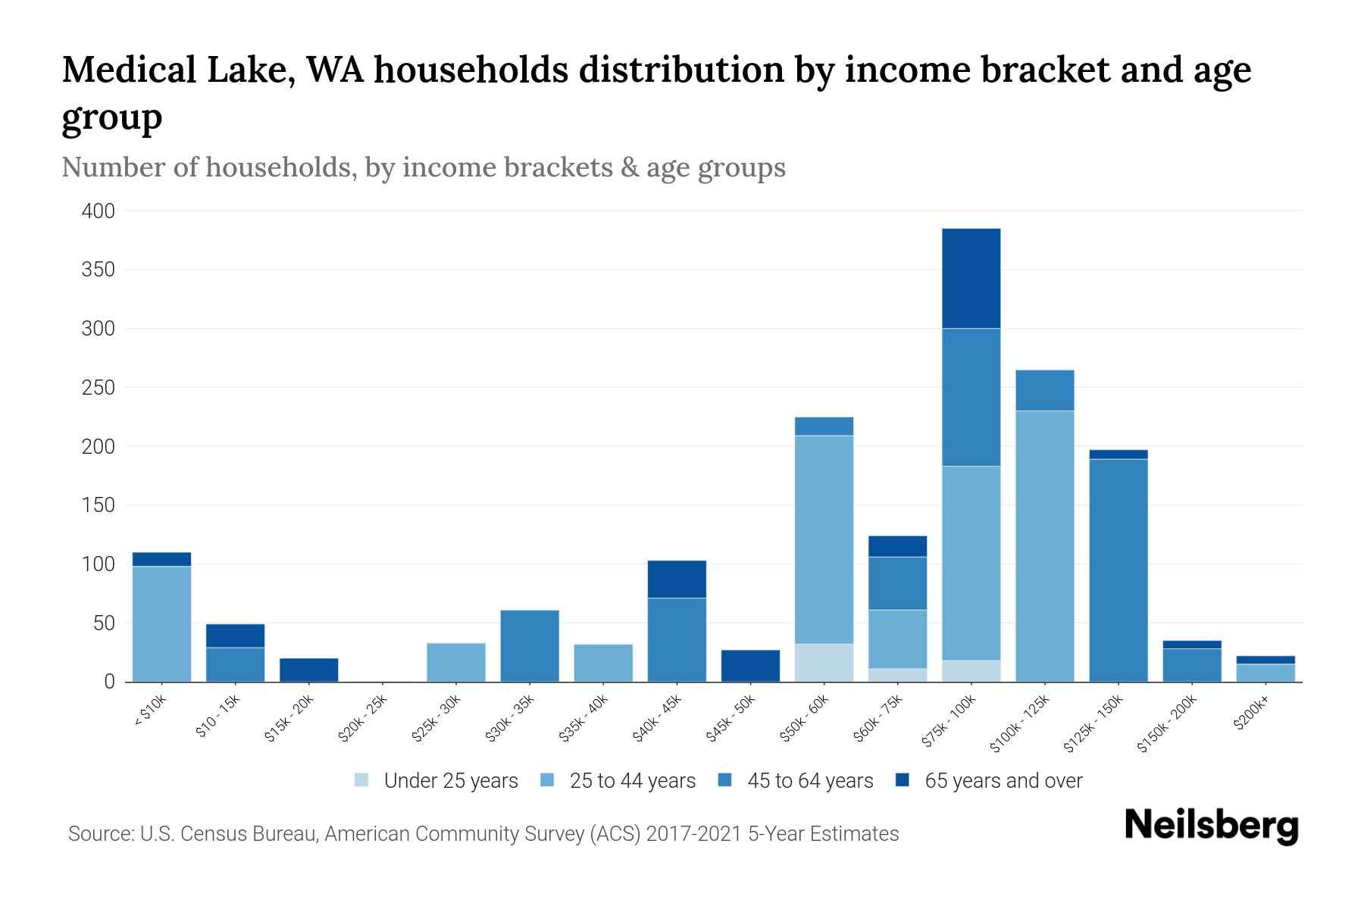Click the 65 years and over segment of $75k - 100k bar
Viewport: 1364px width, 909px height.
(971, 278)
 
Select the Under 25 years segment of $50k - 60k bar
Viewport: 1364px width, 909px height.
(824, 663)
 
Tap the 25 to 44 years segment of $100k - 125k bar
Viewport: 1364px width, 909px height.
(1044, 545)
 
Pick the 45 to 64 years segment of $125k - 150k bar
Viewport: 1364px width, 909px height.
(1118, 570)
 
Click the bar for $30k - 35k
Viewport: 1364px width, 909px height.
(530, 645)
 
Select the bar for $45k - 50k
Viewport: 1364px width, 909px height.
(750, 666)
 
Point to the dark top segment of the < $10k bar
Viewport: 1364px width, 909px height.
(161, 559)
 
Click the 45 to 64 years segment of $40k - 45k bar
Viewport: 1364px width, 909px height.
(677, 639)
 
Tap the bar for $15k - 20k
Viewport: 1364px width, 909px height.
(308, 670)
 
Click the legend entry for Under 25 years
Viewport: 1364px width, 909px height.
(436, 781)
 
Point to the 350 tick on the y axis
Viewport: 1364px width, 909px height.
(98, 270)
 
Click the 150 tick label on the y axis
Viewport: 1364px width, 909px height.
(98, 505)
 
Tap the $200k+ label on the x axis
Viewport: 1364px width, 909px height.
(1250, 715)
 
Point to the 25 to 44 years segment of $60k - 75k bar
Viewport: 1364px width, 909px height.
(897, 639)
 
